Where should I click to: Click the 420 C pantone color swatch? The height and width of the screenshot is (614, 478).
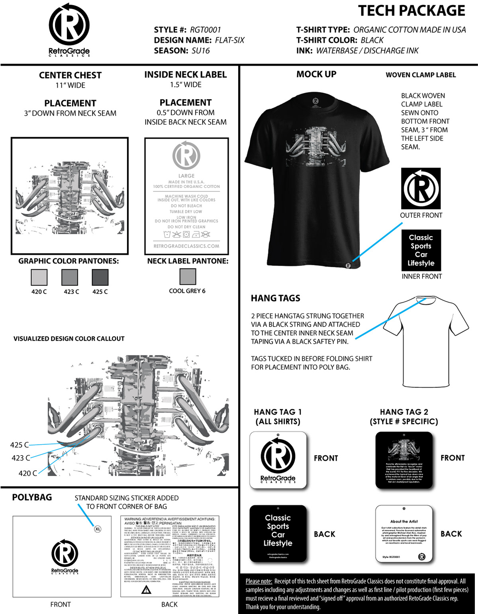tap(39, 277)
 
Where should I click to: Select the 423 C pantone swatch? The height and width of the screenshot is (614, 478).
tap(69, 277)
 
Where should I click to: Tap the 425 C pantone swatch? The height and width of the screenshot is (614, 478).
tap(100, 277)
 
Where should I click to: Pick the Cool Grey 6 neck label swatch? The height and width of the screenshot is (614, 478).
tap(188, 276)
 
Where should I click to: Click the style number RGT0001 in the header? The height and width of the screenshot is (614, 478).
tap(205, 30)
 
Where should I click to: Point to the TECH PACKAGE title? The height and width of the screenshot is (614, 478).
tap(411, 11)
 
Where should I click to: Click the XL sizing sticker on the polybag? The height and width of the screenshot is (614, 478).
tap(98, 529)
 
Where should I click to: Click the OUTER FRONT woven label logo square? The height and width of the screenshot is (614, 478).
tap(421, 188)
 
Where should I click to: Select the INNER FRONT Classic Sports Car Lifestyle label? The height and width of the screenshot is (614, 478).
tap(421, 250)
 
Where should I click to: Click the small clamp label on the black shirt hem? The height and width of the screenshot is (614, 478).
tap(348, 265)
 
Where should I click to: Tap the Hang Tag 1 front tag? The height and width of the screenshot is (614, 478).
tap(278, 460)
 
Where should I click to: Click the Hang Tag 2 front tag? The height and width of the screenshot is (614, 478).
tap(404, 460)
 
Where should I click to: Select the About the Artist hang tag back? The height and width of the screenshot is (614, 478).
tap(404, 534)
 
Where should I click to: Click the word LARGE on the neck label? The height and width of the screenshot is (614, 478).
tap(186, 176)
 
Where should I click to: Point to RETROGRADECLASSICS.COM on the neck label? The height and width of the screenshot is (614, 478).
tap(186, 246)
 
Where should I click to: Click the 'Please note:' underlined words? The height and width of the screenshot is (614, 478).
tap(259, 581)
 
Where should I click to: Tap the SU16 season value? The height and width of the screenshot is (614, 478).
tap(200, 51)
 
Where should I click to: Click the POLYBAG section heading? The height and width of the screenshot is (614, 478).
tap(32, 497)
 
